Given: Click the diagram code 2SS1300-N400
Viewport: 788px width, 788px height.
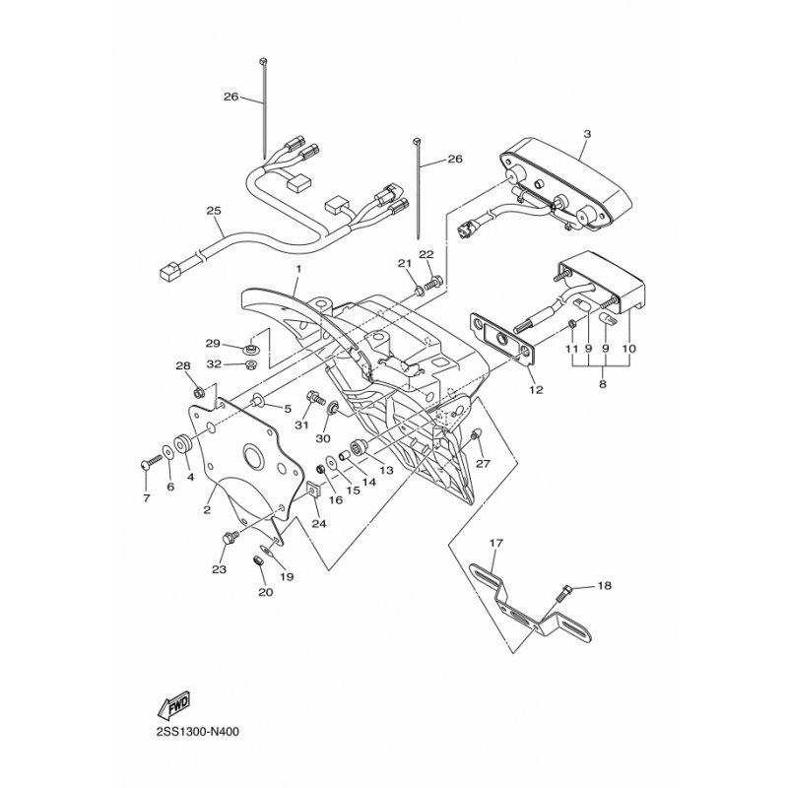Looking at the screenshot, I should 195,731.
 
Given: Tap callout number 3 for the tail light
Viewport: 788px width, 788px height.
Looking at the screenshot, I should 586,134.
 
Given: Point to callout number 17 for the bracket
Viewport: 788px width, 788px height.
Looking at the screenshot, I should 495,543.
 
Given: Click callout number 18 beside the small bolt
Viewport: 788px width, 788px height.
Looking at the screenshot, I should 604,586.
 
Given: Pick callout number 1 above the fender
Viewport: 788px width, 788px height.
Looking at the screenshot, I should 296,268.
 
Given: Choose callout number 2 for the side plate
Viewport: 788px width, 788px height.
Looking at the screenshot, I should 208,509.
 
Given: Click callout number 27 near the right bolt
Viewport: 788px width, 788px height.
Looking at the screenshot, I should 483,463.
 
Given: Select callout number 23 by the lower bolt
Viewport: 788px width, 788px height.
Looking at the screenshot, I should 219,569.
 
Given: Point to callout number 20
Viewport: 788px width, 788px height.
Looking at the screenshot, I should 263,592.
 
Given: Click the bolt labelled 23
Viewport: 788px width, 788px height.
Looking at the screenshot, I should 230,538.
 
